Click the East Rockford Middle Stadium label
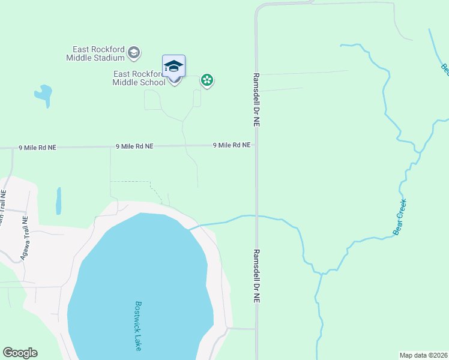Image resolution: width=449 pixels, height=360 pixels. coord(99,53)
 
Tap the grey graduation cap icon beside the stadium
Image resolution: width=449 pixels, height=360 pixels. coord(134,53)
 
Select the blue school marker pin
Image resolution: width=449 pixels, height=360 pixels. coord(173,67)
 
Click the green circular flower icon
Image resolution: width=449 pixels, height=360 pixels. coord(207,80)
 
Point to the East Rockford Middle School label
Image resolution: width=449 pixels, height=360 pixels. coord(139,78)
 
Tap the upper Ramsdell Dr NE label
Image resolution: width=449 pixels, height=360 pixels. coord(256,100)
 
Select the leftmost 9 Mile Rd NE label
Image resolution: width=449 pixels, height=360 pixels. coord(37,147)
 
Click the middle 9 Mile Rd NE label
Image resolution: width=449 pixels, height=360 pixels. coord(134,146)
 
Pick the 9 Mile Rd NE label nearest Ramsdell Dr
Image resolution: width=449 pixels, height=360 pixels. coord(231,145)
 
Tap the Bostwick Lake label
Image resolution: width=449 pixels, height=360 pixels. coord(138,325)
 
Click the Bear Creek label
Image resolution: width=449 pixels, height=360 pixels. coord(400,217)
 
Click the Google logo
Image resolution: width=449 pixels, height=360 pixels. coord(20,353)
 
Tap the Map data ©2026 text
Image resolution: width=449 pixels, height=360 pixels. coord(423,355)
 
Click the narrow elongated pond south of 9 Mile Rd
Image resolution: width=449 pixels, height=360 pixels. coord(58,200)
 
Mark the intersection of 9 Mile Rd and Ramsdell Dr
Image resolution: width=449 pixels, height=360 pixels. coord(256,145)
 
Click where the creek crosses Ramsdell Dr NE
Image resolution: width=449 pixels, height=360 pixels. coord(256,215)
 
